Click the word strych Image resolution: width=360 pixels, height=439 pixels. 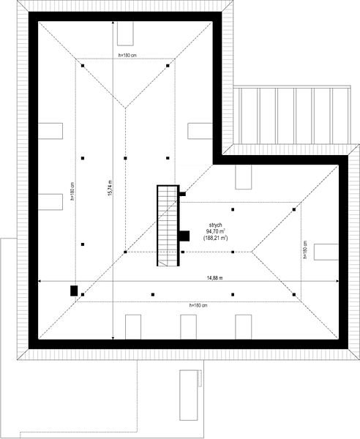click(x=216, y=225)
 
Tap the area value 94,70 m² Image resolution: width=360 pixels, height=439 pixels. click(x=216, y=231)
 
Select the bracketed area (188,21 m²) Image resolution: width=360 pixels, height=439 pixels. click(x=216, y=238)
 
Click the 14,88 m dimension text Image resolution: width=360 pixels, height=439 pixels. click(x=215, y=278)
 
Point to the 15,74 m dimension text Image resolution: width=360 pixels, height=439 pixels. click(x=110, y=188)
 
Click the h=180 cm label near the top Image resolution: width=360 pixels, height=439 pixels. click(x=127, y=56)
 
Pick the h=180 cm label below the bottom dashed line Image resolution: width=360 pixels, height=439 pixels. click(x=198, y=305)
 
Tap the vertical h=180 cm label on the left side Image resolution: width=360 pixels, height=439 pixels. click(x=72, y=192)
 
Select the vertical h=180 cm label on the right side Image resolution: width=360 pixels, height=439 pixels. click(x=305, y=249)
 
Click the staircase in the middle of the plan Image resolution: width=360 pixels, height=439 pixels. click(x=168, y=225)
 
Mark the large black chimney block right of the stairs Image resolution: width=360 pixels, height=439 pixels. click(x=184, y=236)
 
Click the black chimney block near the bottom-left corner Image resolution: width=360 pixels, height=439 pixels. click(x=74, y=290)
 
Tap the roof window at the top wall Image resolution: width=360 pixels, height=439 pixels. click(x=125, y=34)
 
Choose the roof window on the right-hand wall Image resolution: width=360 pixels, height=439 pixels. click(x=326, y=252)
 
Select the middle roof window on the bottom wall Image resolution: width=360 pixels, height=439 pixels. click(x=188, y=327)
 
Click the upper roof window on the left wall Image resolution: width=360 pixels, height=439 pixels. click(x=50, y=131)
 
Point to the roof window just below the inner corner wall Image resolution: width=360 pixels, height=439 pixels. click(x=243, y=177)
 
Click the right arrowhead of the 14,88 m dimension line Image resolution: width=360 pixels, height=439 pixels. click(x=337, y=281)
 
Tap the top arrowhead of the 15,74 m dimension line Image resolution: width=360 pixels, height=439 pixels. click(x=113, y=23)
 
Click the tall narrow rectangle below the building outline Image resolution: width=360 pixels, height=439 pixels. click(x=188, y=395)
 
